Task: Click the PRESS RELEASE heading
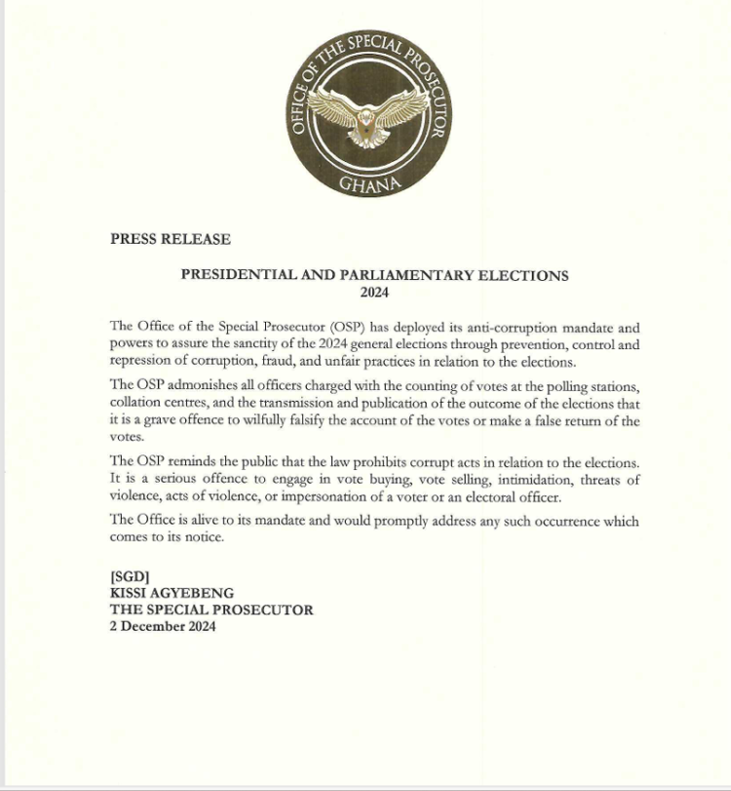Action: click(171, 239)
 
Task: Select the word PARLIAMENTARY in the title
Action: click(390, 275)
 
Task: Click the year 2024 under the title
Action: click(374, 292)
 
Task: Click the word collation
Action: click(135, 404)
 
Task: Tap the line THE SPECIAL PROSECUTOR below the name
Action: click(212, 610)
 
